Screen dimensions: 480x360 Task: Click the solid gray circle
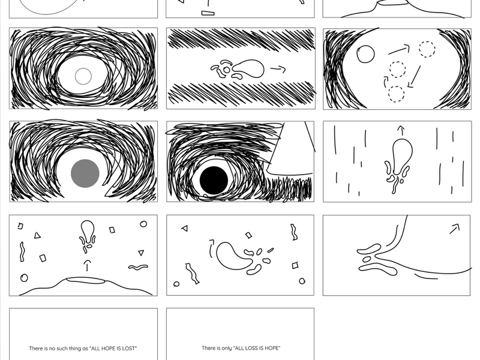point(85,173)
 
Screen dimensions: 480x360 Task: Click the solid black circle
point(214,181)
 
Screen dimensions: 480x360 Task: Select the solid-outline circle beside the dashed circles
point(365,54)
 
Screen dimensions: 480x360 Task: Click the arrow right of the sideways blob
point(278,70)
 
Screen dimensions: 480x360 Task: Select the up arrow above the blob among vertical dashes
point(401,131)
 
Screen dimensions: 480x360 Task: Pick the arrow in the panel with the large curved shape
point(455,229)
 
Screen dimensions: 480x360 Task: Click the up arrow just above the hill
point(87,266)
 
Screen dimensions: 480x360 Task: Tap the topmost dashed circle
point(427,49)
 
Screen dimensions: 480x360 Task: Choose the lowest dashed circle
point(396,94)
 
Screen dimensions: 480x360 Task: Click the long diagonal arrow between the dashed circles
point(414,77)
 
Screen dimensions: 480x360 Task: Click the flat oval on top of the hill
point(86,279)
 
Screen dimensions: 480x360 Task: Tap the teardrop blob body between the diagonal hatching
point(249,68)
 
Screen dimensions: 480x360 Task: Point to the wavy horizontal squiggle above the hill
point(138,268)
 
